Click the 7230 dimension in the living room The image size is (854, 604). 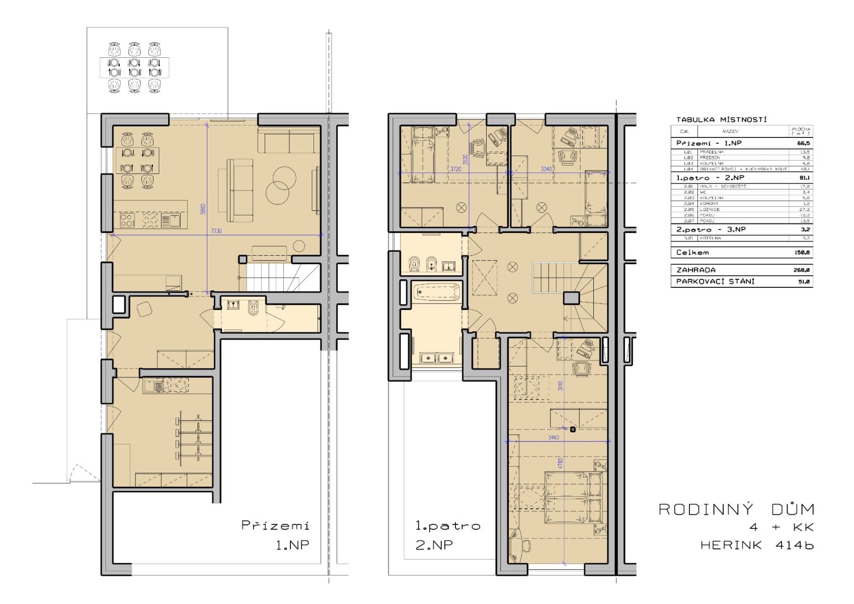click(216, 232)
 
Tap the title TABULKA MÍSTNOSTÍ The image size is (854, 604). click(721, 120)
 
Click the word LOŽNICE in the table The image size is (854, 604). click(710, 209)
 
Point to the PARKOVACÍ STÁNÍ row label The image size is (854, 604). click(715, 282)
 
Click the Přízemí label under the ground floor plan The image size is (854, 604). click(275, 526)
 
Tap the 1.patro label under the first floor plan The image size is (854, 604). click(447, 526)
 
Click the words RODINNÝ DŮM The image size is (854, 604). click(736, 509)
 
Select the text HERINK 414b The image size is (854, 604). click(756, 545)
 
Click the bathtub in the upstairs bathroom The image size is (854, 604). click(436, 292)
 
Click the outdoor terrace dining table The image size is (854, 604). click(134, 67)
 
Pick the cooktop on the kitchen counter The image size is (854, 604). click(127, 220)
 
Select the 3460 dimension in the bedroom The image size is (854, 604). click(553, 437)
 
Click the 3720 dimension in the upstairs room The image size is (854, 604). click(455, 170)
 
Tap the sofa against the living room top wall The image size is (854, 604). click(289, 140)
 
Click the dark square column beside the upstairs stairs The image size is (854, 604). click(571, 298)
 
